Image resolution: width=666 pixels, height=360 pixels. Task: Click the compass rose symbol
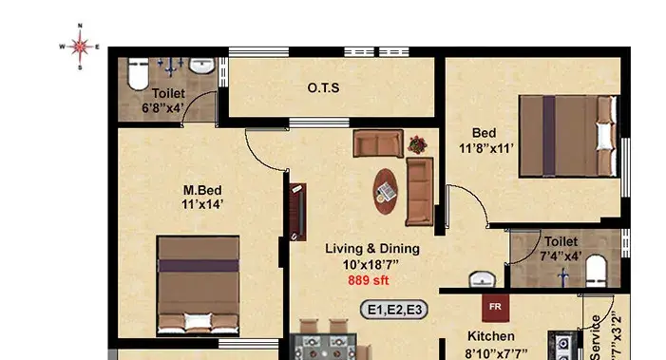[80, 47]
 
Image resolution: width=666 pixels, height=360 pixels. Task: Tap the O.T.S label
[323, 88]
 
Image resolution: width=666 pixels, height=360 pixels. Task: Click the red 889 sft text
[369, 280]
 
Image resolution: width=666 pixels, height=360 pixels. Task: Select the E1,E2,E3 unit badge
[393, 310]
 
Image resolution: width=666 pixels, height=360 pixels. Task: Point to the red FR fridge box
[495, 308]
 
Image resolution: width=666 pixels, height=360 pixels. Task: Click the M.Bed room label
[202, 190]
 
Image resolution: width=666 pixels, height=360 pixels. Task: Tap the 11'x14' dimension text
[202, 204]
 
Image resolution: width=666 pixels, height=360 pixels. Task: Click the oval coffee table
[386, 192]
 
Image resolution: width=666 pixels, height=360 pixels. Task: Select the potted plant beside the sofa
[417, 144]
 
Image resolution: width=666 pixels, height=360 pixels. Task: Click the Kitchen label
[491, 336]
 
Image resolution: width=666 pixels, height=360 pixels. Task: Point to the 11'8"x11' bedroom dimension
[485, 148]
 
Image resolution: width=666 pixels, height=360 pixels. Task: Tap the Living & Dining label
[372, 248]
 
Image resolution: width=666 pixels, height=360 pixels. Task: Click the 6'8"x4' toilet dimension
[162, 108]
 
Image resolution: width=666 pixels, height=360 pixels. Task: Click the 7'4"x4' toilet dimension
[561, 256]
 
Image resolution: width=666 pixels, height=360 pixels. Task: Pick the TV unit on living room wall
[297, 212]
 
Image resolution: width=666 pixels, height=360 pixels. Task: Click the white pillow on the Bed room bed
[605, 136]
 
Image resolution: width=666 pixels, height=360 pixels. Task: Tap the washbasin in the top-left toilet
[202, 66]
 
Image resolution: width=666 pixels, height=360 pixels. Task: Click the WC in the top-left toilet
[138, 73]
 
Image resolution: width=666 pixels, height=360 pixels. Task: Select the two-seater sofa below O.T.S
[378, 143]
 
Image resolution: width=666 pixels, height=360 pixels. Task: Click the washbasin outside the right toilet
[482, 280]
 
